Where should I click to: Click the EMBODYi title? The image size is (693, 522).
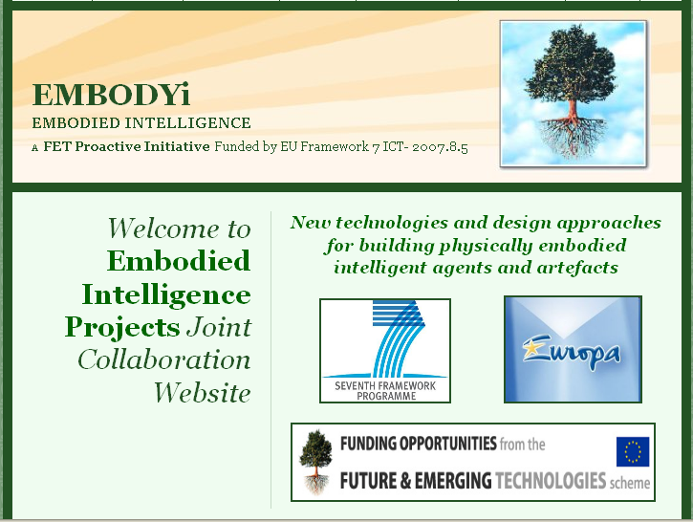[111, 94]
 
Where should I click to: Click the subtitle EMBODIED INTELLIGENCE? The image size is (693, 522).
[141, 123]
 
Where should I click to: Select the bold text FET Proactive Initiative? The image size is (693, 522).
[126, 146]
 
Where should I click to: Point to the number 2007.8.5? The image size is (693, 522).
[440, 147]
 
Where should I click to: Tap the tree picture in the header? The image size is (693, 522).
[574, 94]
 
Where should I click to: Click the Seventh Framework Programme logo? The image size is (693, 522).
[385, 351]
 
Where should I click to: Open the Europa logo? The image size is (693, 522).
[573, 349]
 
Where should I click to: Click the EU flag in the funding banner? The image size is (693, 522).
[633, 451]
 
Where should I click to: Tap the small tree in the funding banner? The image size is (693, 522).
[315, 462]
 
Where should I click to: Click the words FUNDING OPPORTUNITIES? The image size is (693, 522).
[419, 444]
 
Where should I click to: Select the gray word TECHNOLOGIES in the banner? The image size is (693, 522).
[551, 481]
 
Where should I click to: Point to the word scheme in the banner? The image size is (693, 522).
[630, 483]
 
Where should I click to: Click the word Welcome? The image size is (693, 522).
[163, 228]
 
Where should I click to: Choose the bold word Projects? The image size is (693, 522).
[122, 328]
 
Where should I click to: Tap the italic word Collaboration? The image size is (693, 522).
[164, 359]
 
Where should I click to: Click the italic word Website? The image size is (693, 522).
[202, 392]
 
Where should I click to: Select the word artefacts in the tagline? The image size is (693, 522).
[576, 268]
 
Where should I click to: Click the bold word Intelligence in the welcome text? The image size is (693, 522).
[166, 295]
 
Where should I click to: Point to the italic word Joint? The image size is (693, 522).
[219, 328]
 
